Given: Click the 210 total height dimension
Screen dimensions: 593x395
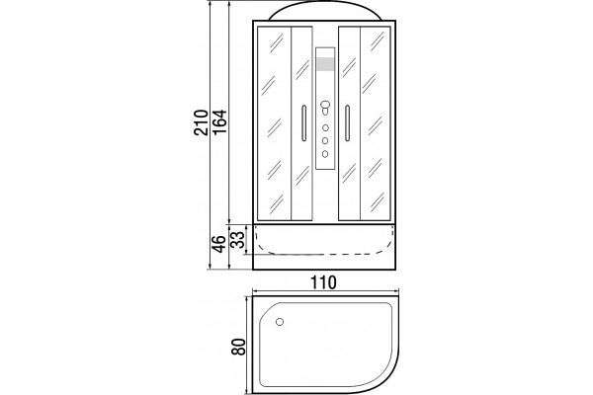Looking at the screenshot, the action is click(201, 122).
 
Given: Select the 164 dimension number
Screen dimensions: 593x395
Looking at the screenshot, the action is click(219, 121).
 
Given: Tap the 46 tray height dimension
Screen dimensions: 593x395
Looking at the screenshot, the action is click(219, 244).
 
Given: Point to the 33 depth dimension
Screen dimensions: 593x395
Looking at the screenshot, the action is click(238, 240).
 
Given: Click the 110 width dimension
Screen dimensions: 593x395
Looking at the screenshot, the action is click(323, 282).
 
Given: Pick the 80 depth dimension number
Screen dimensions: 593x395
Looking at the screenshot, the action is click(239, 347).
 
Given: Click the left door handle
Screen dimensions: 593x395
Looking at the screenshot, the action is click(303, 123).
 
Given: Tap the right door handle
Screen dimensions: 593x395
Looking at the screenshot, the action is click(347, 123).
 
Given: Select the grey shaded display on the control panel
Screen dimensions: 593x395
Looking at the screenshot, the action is click(325, 64).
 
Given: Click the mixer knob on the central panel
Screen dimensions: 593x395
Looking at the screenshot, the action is click(325, 108).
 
